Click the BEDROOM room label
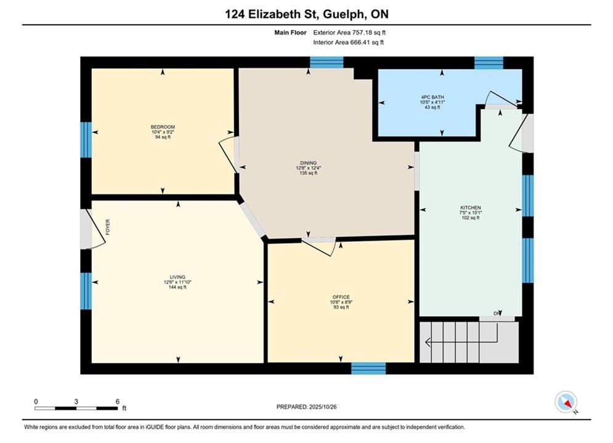tap(163, 127)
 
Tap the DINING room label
tap(309, 163)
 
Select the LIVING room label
tap(177, 277)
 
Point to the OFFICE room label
tap(341, 297)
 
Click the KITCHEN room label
tap(470, 207)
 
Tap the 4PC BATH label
tap(432, 97)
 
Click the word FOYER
tap(108, 227)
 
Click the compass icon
tap(566, 402)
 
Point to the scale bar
tap(76, 409)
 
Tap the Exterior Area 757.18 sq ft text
tap(349, 33)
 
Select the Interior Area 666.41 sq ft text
tap(348, 42)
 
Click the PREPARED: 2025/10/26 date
tap(307, 407)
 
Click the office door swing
tap(319, 247)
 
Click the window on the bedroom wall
tap(86, 140)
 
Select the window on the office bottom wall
tap(368, 369)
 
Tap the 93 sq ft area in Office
tap(341, 307)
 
